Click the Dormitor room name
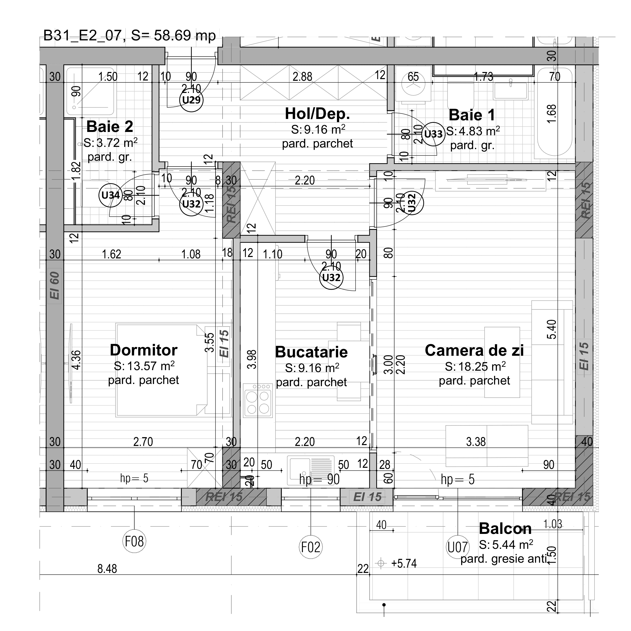(x=143, y=350)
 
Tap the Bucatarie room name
(x=311, y=352)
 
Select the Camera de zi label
(x=474, y=350)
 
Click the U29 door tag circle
(x=191, y=100)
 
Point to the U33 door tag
(x=433, y=134)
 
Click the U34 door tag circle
(x=110, y=195)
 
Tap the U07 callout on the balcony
(x=458, y=547)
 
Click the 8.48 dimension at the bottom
(x=107, y=568)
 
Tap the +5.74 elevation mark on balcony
(x=404, y=564)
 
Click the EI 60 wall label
(x=54, y=285)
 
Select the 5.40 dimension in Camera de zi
(x=551, y=329)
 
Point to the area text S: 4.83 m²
(x=473, y=131)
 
